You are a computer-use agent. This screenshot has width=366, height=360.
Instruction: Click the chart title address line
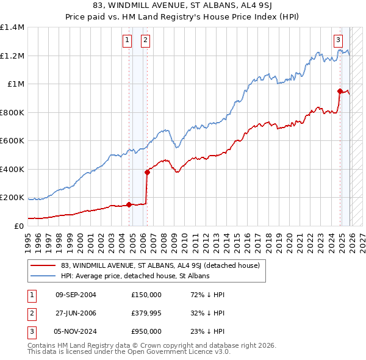[182, 5]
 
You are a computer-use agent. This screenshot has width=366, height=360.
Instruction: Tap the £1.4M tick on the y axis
[12, 27]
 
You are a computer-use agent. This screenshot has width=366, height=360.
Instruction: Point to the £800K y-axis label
[12, 112]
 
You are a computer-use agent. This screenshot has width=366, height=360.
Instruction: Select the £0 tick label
[18, 226]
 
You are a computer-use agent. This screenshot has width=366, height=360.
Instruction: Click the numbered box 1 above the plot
[127, 41]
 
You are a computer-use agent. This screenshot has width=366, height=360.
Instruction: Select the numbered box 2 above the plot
[146, 41]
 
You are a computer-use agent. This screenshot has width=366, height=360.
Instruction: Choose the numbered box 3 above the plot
[337, 41]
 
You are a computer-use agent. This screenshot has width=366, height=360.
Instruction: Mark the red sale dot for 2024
[340, 91]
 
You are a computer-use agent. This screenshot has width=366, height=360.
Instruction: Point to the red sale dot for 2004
[129, 204]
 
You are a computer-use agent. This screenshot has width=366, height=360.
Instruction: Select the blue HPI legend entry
[135, 276]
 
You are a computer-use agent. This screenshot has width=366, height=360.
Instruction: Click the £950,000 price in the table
[146, 331]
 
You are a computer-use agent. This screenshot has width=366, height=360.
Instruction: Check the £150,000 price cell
[146, 295]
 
